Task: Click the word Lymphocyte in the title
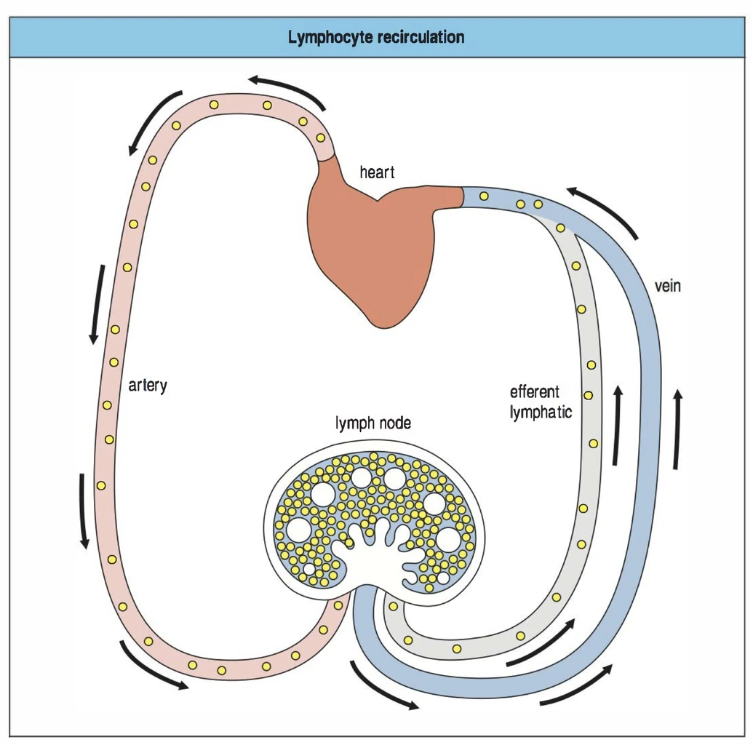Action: click(330, 37)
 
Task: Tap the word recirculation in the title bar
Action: click(420, 37)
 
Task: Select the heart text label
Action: click(377, 172)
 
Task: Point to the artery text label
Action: click(148, 384)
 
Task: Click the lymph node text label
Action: click(372, 423)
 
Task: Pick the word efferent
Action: click(535, 391)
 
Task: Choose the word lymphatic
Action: click(541, 413)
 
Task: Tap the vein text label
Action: click(667, 286)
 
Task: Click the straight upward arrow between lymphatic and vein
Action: click(618, 425)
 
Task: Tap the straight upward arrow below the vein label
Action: click(677, 429)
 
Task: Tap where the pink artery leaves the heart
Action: click(326, 154)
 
